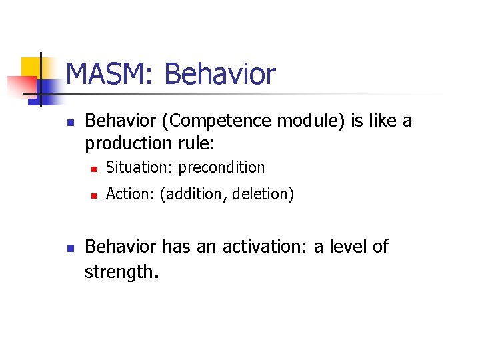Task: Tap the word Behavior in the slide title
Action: [x=219, y=74]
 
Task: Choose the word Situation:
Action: [x=139, y=167]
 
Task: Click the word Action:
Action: [x=130, y=194]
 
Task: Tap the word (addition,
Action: [x=190, y=194]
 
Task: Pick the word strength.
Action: [x=122, y=271]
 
